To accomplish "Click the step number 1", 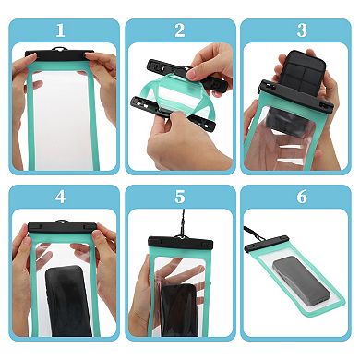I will (x=61, y=30).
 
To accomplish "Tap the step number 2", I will (x=179, y=30).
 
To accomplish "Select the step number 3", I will (x=300, y=30).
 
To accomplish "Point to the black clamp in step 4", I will (x=61, y=227).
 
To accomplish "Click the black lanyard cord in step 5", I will (x=172, y=222).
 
